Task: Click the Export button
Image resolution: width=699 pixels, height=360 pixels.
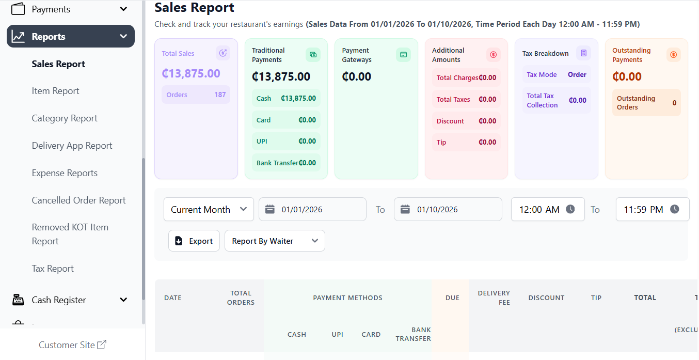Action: point(194,241)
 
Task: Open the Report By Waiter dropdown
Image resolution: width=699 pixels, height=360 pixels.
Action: point(275,241)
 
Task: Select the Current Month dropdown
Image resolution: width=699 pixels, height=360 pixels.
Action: point(209,210)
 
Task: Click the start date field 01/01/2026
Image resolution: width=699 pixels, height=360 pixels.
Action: point(312,210)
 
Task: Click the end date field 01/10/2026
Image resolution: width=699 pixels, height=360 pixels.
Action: point(448,210)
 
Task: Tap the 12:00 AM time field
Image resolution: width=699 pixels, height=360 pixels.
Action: point(547,210)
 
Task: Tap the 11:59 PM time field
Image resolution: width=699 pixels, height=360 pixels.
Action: point(652,210)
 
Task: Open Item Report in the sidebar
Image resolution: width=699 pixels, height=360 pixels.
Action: point(55,91)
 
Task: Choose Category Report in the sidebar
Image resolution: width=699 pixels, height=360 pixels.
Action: point(65,118)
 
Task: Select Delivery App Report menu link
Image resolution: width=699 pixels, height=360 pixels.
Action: point(72,146)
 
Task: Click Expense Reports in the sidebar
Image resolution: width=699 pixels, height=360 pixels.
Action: point(65,173)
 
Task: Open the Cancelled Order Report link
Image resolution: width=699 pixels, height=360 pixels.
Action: point(78,200)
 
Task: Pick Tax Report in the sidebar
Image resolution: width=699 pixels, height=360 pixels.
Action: point(53,269)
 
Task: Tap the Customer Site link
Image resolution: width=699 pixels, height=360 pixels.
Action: point(72,345)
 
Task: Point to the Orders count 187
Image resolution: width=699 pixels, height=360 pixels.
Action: point(220,95)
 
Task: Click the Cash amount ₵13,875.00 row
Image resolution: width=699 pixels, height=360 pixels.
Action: point(286,99)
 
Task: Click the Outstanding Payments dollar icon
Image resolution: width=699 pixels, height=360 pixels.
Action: point(673,54)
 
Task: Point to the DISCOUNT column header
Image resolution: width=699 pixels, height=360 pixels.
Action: point(546,298)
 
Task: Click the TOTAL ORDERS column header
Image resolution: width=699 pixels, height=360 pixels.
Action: point(241,298)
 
